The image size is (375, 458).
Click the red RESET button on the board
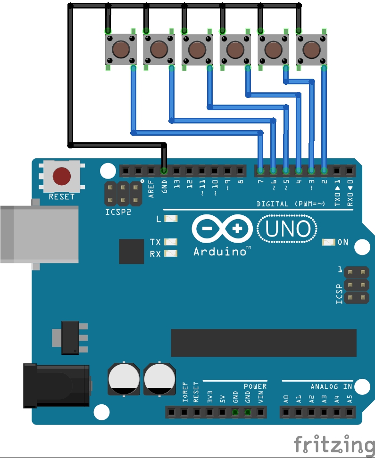coord(62,176)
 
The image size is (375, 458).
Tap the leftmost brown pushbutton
coord(120,49)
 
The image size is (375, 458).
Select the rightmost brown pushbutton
coord(311,49)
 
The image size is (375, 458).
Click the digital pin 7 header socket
coord(260,170)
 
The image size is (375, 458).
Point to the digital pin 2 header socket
coord(324,170)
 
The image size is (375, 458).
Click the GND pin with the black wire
coord(164,170)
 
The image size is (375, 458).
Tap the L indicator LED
coord(171,219)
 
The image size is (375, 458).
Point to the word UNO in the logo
coord(287,229)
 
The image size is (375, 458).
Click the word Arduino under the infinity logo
coord(221,252)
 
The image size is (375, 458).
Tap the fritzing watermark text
coord(334,444)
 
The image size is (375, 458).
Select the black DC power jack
coord(56,385)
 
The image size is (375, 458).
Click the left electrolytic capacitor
coord(124,379)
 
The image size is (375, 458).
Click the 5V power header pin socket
coord(222,413)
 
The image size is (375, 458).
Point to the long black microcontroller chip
coord(264,343)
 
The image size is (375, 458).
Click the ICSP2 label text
coord(118,212)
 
